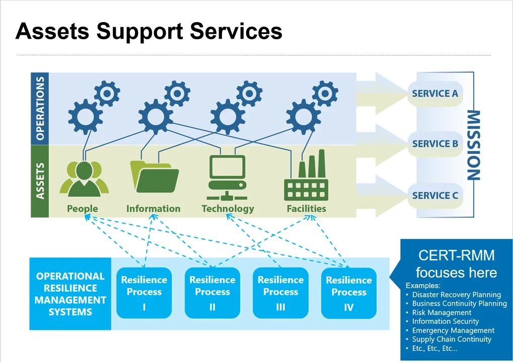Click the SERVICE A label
[x=435, y=94]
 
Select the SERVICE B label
[x=435, y=144]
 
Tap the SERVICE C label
[x=435, y=196]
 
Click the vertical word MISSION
[x=474, y=145]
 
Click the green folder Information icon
[x=154, y=175]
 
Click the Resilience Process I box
[x=144, y=293]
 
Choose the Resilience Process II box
[x=212, y=293]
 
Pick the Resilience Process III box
[x=280, y=293]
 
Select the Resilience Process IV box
[x=349, y=293]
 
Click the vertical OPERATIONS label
[x=40, y=109]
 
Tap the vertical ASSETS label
[x=40, y=181]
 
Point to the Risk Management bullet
[x=442, y=313]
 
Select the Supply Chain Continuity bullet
[x=452, y=339]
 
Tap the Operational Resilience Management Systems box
[x=70, y=294]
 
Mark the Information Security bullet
[x=446, y=321]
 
